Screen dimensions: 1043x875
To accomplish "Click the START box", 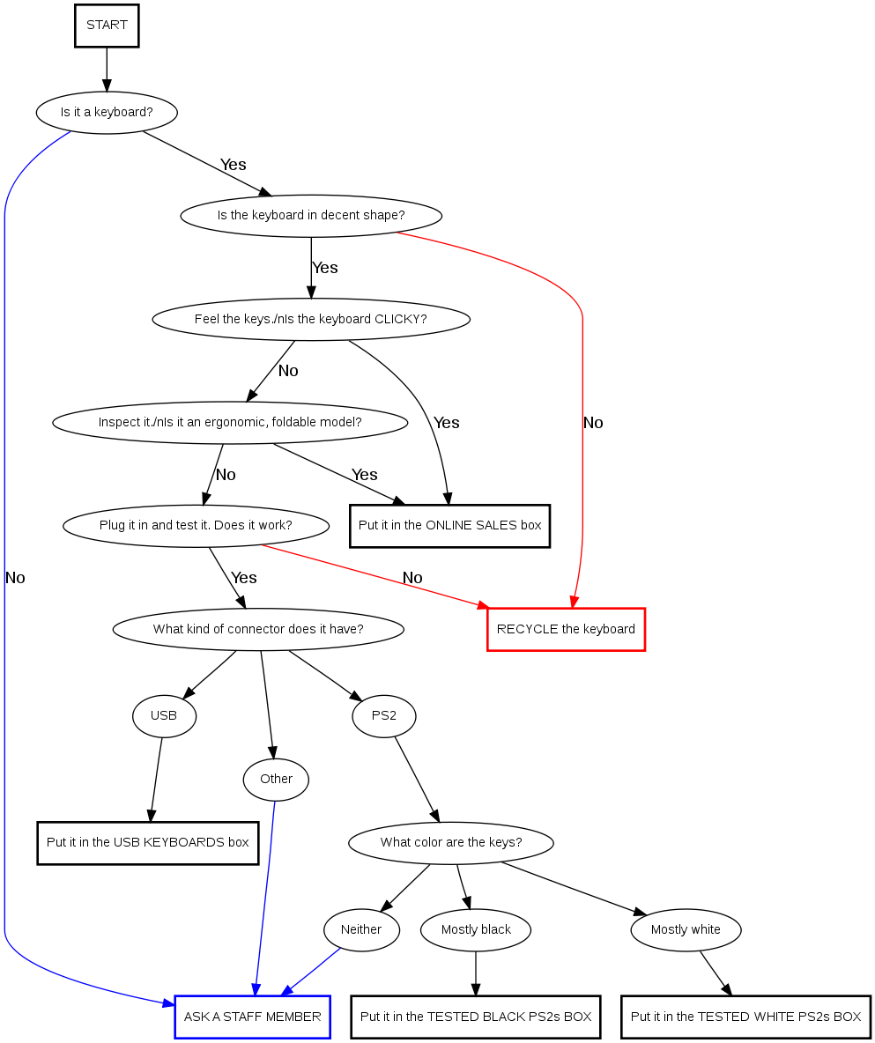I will pos(107,26).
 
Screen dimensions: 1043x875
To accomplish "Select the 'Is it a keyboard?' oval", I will pos(107,113).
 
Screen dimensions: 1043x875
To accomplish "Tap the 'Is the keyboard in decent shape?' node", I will pos(311,215).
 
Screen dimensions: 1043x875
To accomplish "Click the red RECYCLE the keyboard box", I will pos(566,629).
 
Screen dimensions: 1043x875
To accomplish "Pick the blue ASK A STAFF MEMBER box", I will pos(252,1017).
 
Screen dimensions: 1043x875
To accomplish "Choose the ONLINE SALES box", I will pos(449,526).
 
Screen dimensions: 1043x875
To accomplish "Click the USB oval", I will pos(164,716).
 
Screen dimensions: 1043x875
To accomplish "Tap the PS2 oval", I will pos(384,716).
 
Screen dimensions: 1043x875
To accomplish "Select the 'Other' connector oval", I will pos(276,779).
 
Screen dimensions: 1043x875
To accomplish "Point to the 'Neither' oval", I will pos(361,930).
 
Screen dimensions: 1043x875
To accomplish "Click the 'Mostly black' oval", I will pos(476,930).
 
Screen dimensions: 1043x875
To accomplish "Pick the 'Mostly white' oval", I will pos(686,930).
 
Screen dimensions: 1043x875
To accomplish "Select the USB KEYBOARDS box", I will pos(148,843).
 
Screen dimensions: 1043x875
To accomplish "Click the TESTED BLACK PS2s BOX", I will pos(476,1017).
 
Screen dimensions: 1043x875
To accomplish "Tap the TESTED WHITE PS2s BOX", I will pos(745,1017).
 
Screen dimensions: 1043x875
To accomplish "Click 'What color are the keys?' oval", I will pos(451,843).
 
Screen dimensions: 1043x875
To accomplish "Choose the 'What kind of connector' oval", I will pos(258,629).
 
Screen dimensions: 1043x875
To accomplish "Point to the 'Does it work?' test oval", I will pos(196,526).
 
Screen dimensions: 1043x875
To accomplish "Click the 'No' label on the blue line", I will pos(15,578).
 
